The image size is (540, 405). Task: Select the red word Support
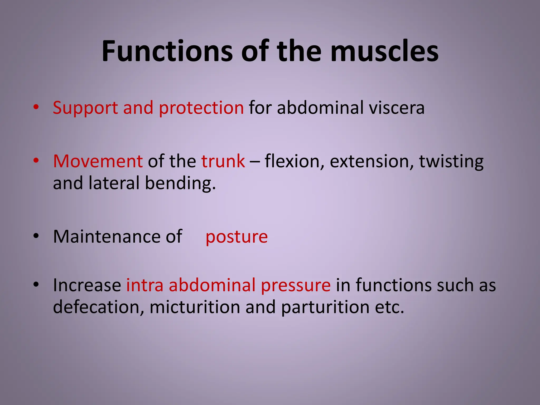[85, 108]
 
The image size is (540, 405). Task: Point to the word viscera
[397, 108]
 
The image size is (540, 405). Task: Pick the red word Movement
[98, 161]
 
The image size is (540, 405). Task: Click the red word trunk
[223, 161]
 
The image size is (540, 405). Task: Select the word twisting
[451, 161]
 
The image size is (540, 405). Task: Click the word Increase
[87, 285]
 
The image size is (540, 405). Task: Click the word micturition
[195, 307]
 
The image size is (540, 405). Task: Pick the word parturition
[325, 307]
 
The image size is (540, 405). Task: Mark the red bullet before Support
[36, 107]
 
